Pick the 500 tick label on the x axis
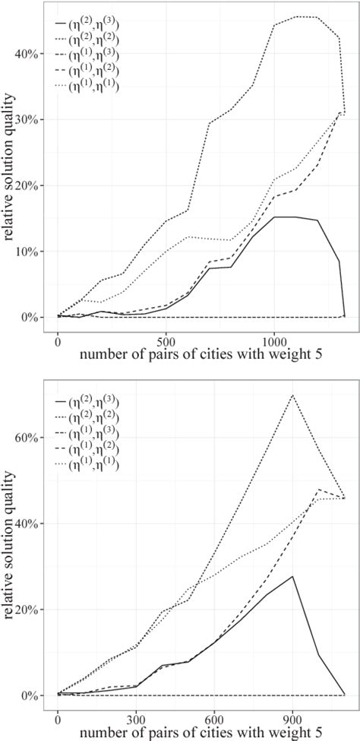(166, 334)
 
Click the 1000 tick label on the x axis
(274, 334)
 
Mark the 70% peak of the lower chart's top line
(293, 395)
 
